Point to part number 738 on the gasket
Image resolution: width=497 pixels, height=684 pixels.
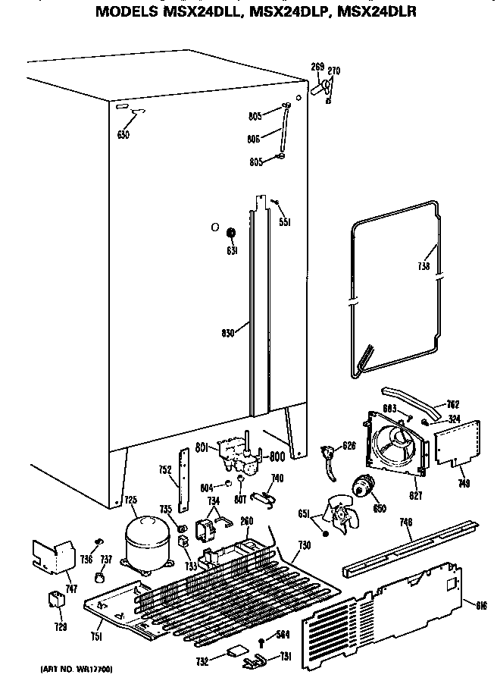(x=425, y=267)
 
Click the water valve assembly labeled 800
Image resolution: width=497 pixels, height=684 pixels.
(x=240, y=458)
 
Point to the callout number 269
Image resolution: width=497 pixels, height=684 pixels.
(x=317, y=67)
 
